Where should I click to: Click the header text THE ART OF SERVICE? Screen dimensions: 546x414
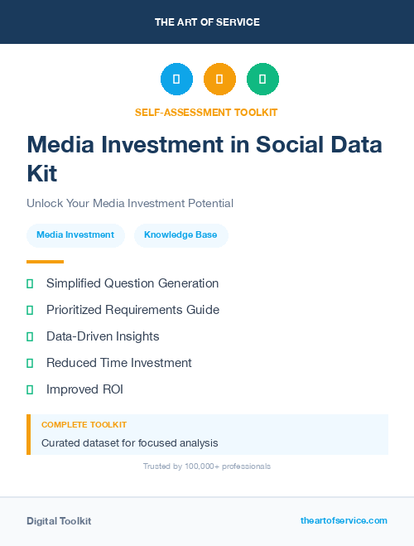pos(207,22)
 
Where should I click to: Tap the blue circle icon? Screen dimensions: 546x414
pos(176,80)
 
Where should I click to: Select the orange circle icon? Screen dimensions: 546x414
pos(219,80)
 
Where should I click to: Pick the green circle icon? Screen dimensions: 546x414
pos(262,80)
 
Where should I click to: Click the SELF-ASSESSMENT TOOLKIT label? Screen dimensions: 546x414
pos(207,112)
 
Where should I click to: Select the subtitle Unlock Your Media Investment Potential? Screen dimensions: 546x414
pos(130,203)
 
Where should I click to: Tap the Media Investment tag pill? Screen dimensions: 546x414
pos(75,235)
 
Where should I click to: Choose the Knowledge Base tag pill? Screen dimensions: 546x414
pos(181,235)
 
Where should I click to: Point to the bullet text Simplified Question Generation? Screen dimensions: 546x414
pos(132,283)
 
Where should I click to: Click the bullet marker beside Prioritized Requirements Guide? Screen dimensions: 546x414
pos(30,310)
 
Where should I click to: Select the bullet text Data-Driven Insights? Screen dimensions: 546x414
pos(103,336)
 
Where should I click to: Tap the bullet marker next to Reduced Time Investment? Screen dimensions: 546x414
pos(30,363)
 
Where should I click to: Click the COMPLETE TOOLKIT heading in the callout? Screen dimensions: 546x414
pos(84,424)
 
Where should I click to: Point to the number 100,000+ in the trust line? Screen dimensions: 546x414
pos(193,466)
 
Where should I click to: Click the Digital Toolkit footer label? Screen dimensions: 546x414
pos(59,521)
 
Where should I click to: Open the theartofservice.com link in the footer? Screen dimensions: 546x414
pos(344,520)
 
